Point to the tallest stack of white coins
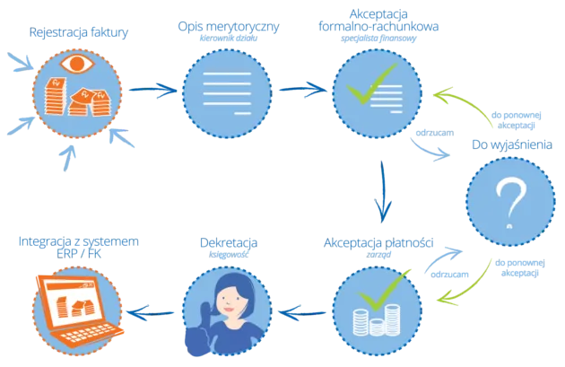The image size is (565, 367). (x=391, y=319)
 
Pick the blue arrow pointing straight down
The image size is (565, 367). (x=383, y=192)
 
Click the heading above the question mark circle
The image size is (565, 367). (x=511, y=144)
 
